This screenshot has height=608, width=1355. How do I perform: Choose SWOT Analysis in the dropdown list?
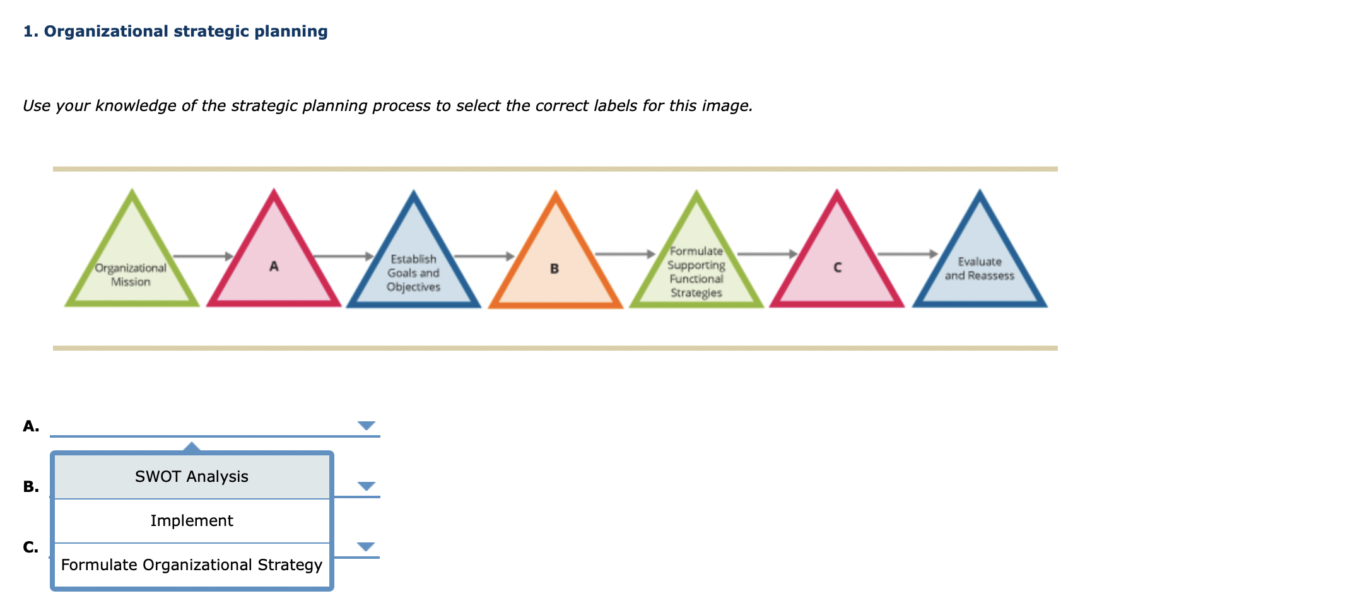pyautogui.click(x=192, y=477)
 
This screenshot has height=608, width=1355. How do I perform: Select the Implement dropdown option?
pyautogui.click(x=192, y=521)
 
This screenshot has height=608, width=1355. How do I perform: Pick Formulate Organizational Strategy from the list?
pyautogui.click(x=192, y=565)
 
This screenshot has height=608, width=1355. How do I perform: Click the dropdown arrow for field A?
pyautogui.click(x=366, y=426)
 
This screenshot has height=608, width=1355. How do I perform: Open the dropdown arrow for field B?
pyautogui.click(x=366, y=486)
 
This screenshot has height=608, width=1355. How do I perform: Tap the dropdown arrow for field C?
pyautogui.click(x=366, y=547)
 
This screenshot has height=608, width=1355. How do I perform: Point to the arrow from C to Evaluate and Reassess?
pyautogui.click(x=907, y=254)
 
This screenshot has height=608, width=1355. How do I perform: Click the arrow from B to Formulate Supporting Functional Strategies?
pyautogui.click(x=625, y=254)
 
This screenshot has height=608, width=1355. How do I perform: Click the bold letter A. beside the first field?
pyautogui.click(x=31, y=426)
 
